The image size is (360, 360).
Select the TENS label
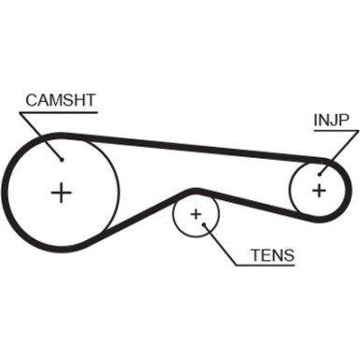pos(271,254)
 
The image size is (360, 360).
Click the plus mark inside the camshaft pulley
pos(61,193)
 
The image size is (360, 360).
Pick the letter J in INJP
pos(329,120)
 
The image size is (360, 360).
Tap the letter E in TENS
pos(265,254)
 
